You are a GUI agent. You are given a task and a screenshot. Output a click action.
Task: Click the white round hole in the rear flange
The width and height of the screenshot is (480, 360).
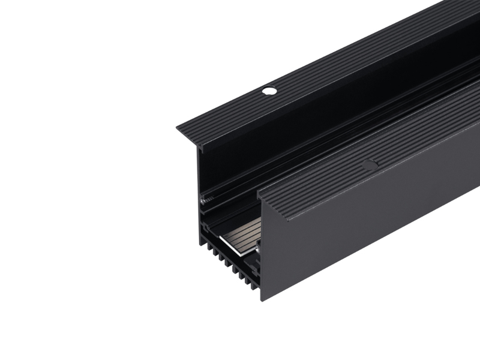269,91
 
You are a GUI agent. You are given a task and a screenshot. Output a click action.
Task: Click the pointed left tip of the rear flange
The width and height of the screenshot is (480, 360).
178,128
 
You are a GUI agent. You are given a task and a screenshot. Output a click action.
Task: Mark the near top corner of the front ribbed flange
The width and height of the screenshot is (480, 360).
259,194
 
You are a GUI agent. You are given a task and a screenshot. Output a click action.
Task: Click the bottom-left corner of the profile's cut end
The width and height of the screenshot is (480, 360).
200,245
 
